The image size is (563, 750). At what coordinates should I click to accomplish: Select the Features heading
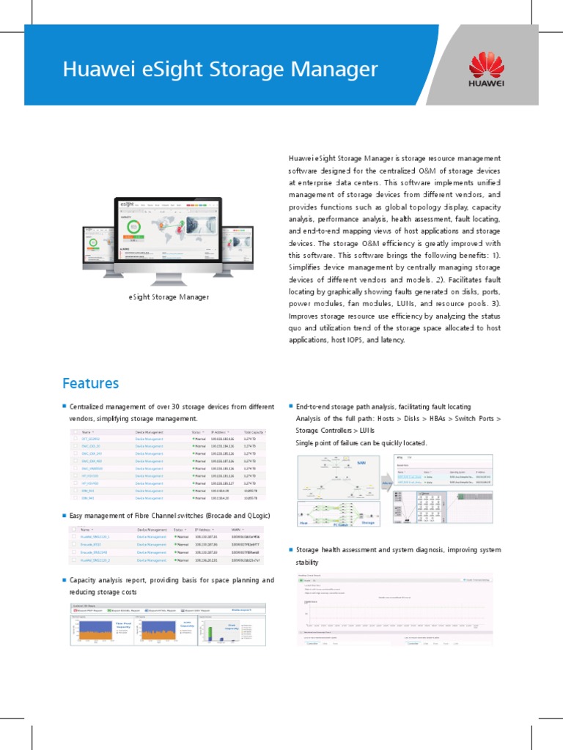(90, 383)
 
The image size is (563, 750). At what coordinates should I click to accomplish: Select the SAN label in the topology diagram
(361, 463)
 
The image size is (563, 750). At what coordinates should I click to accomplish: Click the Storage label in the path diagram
(369, 523)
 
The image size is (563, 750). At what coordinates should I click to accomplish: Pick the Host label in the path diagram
(303, 523)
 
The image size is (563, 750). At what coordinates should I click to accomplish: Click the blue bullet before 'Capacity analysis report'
(64, 579)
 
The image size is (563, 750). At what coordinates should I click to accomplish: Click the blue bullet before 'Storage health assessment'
(291, 549)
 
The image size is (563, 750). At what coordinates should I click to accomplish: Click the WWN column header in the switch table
(234, 528)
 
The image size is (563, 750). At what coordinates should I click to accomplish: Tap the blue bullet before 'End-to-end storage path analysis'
(291, 406)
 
